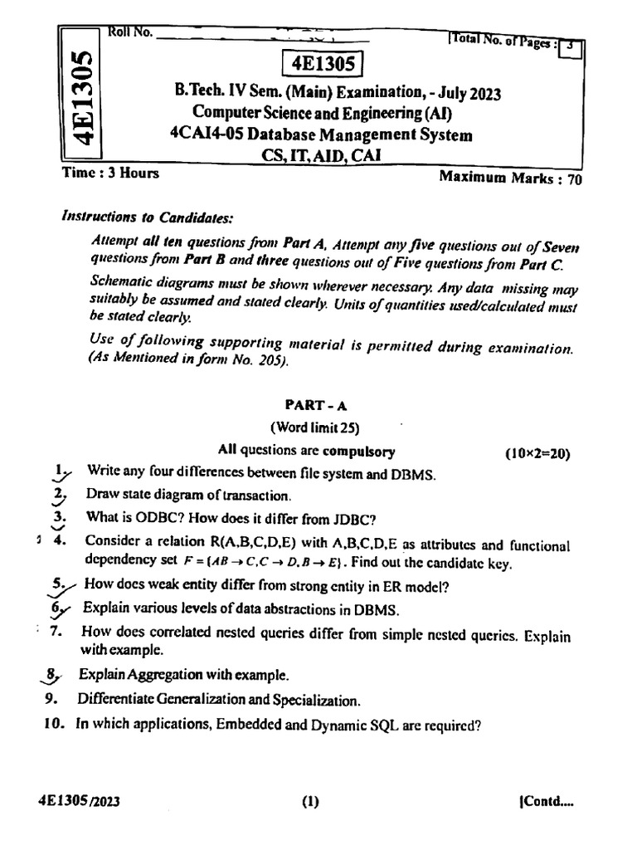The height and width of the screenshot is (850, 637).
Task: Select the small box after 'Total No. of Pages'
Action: (571, 47)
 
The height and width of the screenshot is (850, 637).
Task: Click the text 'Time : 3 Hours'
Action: (110, 173)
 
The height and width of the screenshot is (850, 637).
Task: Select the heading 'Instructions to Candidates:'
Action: (148, 217)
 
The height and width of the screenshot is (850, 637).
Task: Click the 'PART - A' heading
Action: (311, 404)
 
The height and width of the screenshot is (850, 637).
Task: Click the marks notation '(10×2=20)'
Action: (537, 453)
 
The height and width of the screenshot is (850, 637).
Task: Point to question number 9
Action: (49, 698)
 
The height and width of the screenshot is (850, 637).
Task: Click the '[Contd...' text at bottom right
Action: (544, 802)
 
